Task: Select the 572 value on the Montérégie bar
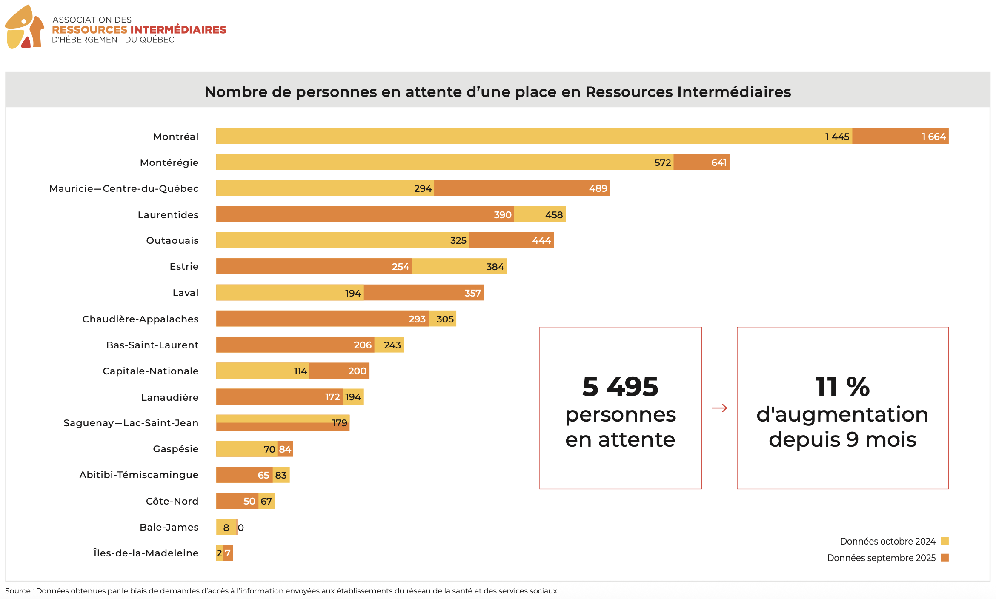(662, 163)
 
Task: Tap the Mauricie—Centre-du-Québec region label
(124, 188)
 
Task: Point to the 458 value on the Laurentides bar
(554, 215)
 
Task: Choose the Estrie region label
(184, 266)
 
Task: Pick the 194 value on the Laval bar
(353, 293)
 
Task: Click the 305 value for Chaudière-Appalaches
(445, 319)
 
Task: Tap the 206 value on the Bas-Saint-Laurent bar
(363, 345)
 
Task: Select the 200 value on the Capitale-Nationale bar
(357, 371)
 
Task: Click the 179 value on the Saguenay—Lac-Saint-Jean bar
(339, 423)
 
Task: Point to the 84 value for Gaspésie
(285, 449)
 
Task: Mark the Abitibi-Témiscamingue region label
(139, 475)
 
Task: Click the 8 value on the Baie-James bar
(226, 528)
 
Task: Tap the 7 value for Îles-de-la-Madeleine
(228, 553)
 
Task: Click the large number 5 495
(620, 387)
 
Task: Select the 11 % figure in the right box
(842, 387)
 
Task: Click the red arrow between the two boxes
(719, 408)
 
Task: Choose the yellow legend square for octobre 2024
(944, 541)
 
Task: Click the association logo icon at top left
(25, 27)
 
